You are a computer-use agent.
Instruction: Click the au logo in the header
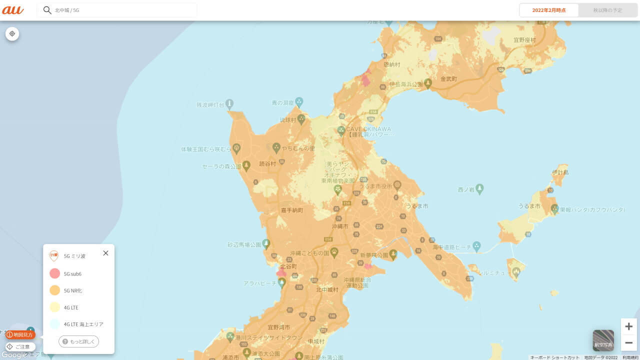tap(13, 10)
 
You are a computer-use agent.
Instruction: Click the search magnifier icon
tap(47, 10)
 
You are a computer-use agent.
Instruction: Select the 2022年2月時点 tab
tap(549, 10)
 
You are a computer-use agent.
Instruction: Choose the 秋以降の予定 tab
tap(607, 10)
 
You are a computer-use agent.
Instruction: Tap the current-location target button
tap(12, 33)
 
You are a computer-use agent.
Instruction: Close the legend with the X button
tap(105, 253)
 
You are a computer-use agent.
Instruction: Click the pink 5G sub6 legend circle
tap(54, 273)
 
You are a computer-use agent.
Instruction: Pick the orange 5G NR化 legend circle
tap(54, 290)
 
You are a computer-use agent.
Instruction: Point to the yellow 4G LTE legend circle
tap(54, 307)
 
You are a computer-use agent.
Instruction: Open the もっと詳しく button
tap(79, 341)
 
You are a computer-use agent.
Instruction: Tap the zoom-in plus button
tap(628, 326)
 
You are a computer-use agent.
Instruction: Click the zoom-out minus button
tap(628, 342)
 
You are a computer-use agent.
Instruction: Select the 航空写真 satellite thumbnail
tap(603, 340)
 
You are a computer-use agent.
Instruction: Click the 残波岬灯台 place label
tap(210, 105)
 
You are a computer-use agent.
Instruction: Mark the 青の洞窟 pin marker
tap(299, 101)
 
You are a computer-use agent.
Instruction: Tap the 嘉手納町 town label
tap(292, 210)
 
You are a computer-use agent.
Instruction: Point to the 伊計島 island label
tap(560, 172)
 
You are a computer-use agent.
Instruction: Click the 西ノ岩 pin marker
tap(480, 188)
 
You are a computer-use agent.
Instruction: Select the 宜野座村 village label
tap(524, 40)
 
